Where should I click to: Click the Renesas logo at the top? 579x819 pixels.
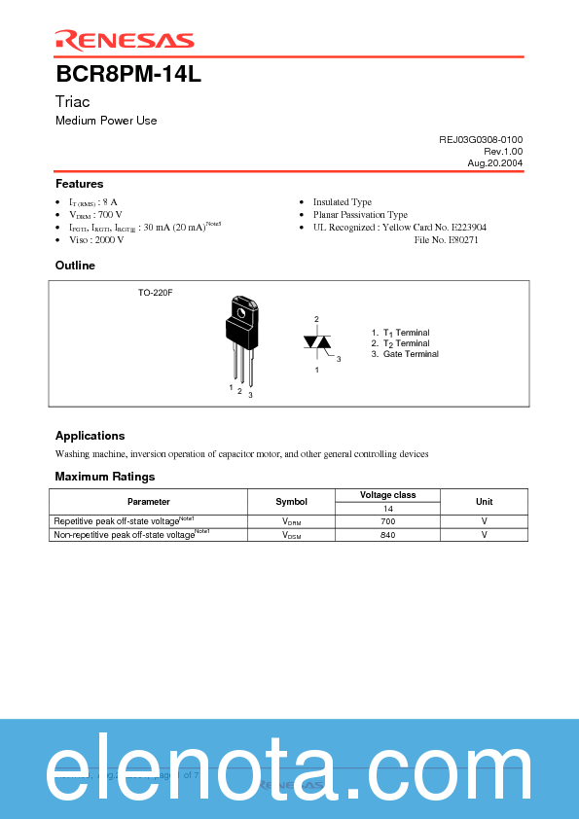coord(124,40)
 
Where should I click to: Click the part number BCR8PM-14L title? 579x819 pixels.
coord(128,74)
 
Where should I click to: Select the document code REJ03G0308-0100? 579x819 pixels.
coord(481,140)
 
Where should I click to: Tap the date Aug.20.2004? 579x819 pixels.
coord(495,163)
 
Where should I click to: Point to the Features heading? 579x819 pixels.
coord(79,184)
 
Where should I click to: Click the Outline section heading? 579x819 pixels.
coord(75,266)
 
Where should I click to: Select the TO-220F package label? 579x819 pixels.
coord(155,292)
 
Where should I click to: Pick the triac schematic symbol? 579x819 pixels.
coord(317,342)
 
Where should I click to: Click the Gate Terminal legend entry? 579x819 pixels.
coord(405,354)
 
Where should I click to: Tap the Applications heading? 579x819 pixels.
coord(90,436)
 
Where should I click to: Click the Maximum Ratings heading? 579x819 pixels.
coord(104,477)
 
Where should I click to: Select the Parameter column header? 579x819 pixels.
coord(148,502)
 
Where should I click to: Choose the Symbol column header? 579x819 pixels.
coord(291,502)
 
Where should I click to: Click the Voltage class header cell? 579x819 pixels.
coord(387,495)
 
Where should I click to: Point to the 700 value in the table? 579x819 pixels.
coord(387,521)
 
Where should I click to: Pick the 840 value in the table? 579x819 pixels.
coord(387,535)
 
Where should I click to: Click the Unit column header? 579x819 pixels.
coord(484,502)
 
